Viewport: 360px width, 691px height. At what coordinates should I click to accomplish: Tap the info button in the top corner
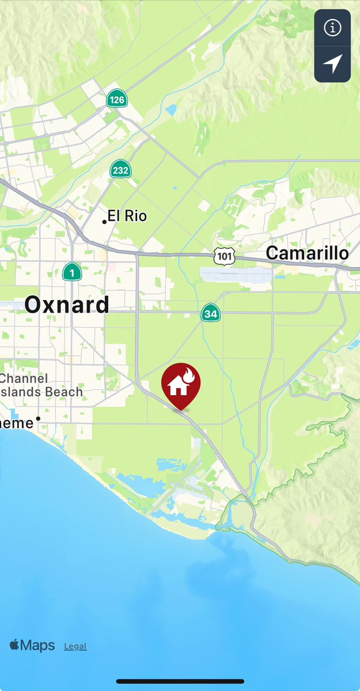pos(332,27)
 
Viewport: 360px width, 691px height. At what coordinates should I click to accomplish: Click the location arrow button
pos(332,64)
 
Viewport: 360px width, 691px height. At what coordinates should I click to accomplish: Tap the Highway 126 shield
pos(117,99)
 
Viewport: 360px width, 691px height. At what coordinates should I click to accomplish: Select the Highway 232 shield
pos(121,169)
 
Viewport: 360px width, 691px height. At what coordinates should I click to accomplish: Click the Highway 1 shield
pos(71,272)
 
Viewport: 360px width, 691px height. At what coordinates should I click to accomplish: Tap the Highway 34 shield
pos(210,313)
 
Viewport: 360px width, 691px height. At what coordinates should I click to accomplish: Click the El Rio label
pos(127,217)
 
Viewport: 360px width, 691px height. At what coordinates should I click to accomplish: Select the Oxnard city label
pos(67,305)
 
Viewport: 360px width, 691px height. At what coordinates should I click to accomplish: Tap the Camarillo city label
pos(308,253)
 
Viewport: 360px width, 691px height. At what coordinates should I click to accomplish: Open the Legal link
pos(75,646)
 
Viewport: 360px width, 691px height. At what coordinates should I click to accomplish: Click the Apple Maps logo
pos(32,645)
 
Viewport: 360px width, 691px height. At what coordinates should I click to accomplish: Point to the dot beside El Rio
pos(104,222)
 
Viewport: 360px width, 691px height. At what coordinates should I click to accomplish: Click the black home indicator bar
pos(180,682)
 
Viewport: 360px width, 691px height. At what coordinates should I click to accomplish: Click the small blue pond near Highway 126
pos(170,110)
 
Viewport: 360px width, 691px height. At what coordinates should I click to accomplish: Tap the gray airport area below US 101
pos(236,275)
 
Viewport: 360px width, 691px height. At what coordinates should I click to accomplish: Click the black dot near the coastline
pos(38,419)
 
